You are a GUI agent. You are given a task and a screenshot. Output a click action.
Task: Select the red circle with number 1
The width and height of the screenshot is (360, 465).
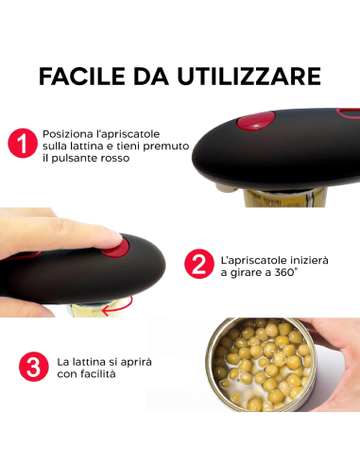22,145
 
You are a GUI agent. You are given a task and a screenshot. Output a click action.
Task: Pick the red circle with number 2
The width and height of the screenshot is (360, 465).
197,264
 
